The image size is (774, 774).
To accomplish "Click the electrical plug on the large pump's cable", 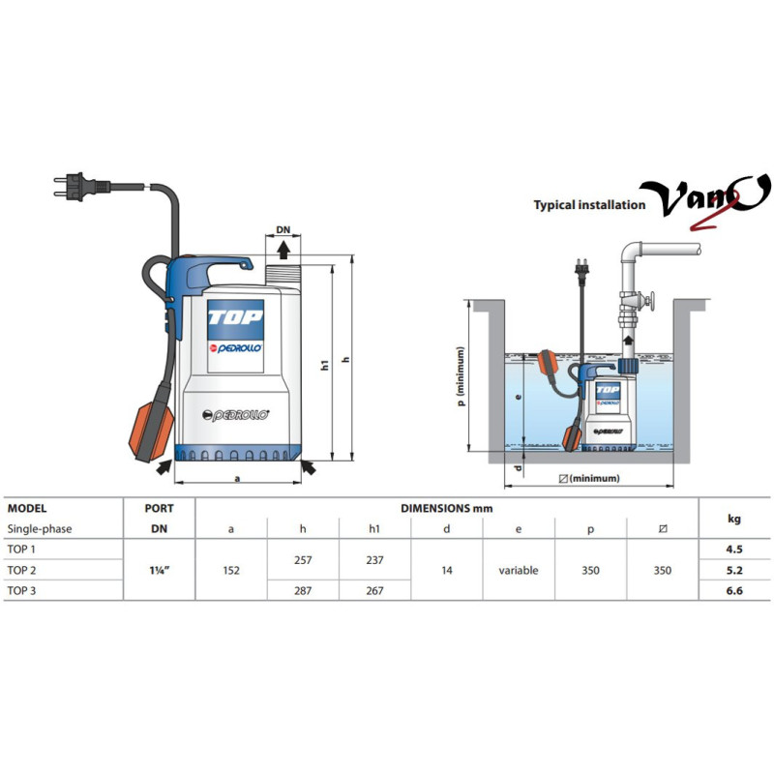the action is [81, 186].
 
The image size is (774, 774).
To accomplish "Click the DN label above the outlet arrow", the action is [283, 230].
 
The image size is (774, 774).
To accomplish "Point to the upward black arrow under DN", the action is [283, 250].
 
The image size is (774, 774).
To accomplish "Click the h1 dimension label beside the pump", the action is [324, 366].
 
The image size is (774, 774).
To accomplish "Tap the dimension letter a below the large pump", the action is [237, 478].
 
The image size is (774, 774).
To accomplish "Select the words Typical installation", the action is [589, 205].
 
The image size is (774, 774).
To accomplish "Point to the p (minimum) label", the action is [461, 375].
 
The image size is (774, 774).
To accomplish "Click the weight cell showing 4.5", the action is [734, 549].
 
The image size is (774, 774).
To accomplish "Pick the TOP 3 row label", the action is [21, 590].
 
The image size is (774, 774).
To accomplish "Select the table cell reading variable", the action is [519, 570].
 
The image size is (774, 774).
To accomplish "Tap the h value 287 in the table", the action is [303, 590].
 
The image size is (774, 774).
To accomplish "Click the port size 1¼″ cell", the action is [160, 570].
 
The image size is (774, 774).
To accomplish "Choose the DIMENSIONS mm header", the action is [447, 509].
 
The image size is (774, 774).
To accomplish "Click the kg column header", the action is [734, 519].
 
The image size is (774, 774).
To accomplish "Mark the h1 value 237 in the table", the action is [374, 560].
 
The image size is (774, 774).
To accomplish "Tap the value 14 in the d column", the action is [447, 570].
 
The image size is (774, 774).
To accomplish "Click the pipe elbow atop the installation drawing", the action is [631, 252].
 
